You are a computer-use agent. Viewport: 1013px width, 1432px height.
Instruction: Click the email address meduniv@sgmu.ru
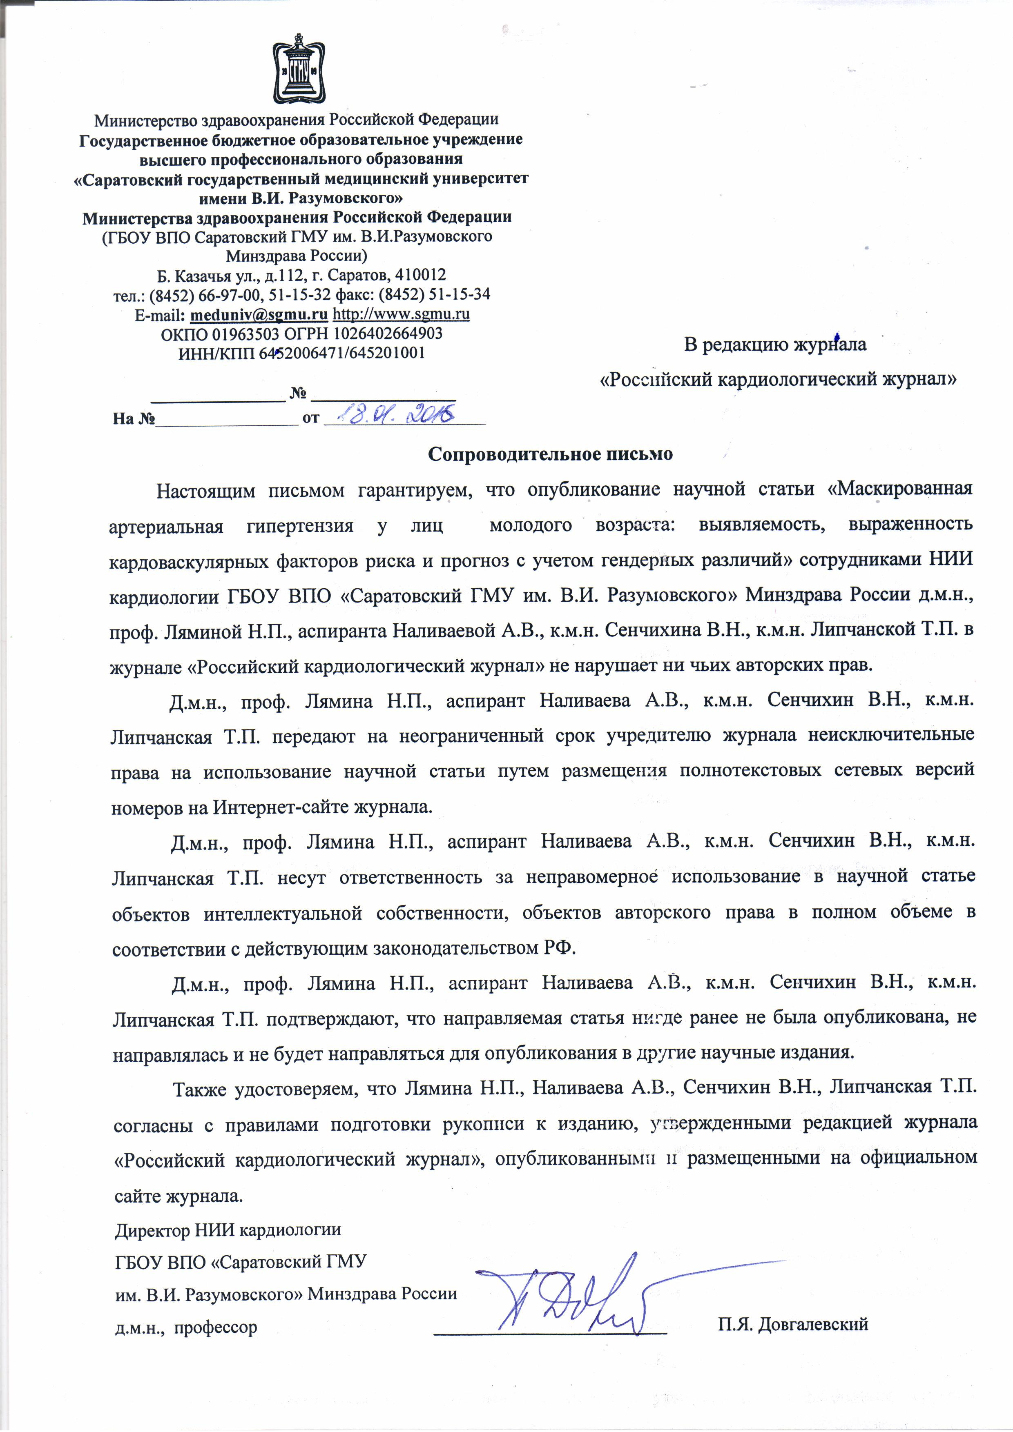tap(259, 314)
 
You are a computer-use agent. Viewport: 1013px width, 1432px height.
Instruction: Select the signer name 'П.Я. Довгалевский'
tap(793, 1324)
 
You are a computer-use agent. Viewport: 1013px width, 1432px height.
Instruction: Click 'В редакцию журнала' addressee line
tap(775, 344)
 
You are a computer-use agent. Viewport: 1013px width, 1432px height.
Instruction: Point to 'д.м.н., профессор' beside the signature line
tap(186, 1327)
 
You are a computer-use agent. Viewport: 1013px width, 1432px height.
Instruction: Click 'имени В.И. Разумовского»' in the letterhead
tap(300, 198)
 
